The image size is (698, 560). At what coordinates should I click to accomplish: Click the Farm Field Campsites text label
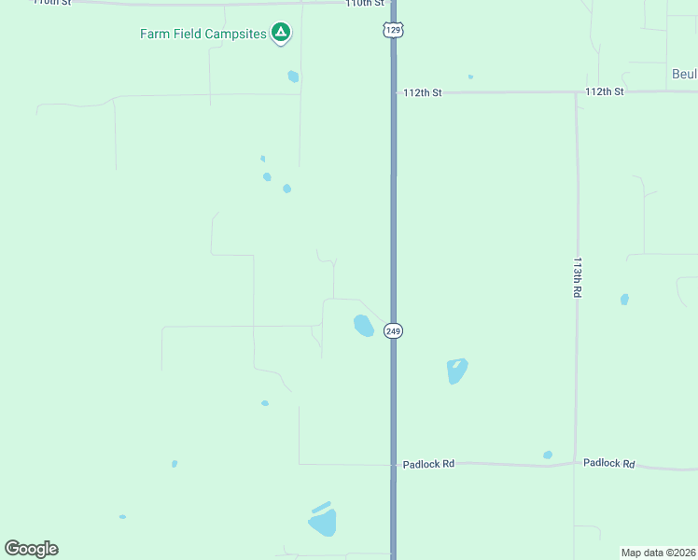202,35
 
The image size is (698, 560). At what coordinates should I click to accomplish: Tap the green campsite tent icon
280,35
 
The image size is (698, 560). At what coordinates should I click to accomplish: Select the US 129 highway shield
393,31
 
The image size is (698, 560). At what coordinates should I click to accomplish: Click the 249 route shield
393,331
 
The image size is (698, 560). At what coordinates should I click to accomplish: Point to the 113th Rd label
578,277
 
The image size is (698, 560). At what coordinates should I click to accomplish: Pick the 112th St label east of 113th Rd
604,91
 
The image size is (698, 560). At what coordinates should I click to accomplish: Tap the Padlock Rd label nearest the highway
428,464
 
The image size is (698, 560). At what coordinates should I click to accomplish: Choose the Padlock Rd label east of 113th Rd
608,463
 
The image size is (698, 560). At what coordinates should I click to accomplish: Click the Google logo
31,549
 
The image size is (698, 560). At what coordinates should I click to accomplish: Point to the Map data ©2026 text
658,553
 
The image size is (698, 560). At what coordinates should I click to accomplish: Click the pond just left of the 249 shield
363,326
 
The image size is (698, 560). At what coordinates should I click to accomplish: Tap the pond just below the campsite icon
293,77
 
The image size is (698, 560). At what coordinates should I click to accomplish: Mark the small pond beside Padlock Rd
548,455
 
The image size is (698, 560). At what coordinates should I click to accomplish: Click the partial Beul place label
684,74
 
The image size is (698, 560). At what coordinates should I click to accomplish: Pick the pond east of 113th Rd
624,300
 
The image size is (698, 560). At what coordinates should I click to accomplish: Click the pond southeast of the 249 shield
456,371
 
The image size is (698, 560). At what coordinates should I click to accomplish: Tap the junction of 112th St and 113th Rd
577,93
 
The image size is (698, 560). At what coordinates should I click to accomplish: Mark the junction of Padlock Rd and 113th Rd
575,463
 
